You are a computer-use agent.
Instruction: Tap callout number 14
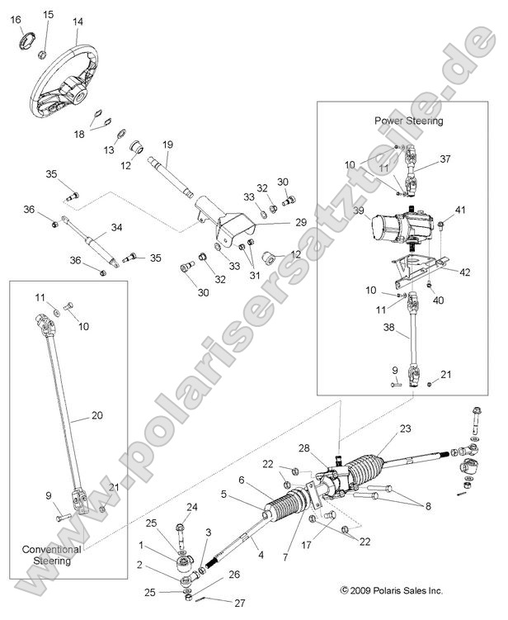78,22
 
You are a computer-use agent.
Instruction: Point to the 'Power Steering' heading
408,121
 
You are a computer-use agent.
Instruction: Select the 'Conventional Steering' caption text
52,555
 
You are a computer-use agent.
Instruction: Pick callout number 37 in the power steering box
444,159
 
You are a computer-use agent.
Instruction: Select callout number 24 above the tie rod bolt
191,507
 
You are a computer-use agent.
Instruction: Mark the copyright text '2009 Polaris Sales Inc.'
390,590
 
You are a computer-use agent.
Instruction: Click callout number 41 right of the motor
461,211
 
